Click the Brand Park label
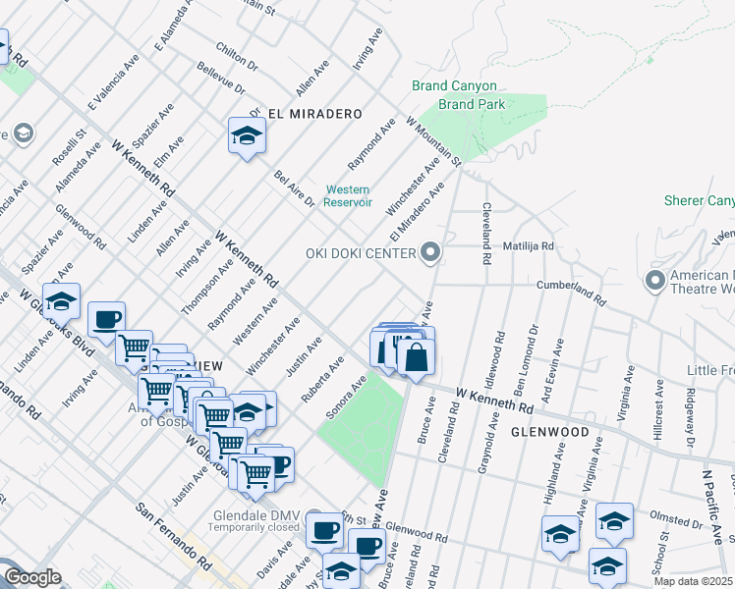pyautogui.click(x=471, y=103)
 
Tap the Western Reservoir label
pyautogui.click(x=348, y=195)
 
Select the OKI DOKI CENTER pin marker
pyautogui.click(x=429, y=254)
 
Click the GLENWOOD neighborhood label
pyautogui.click(x=548, y=432)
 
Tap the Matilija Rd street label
pyautogui.click(x=529, y=246)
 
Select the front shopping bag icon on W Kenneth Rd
pyautogui.click(x=416, y=358)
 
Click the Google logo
pyautogui.click(x=31, y=577)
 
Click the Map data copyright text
pyautogui.click(x=692, y=580)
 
